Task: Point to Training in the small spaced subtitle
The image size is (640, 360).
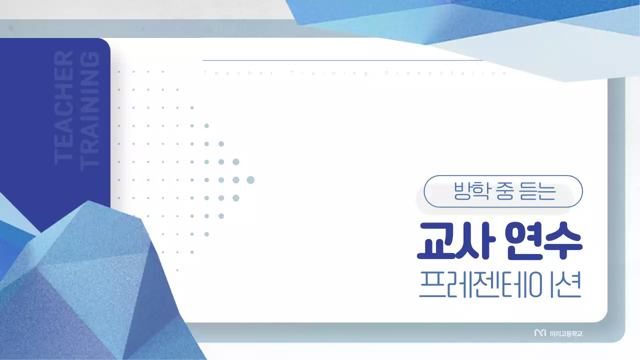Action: point(330,73)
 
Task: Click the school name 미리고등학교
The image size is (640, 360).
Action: point(566,333)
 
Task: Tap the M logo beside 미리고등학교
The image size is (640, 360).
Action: point(540,333)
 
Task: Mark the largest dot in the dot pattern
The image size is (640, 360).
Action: point(250,180)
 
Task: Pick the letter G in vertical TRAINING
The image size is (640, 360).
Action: point(90,59)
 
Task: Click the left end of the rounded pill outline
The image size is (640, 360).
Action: point(424,191)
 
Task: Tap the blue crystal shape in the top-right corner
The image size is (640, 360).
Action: point(500,20)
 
